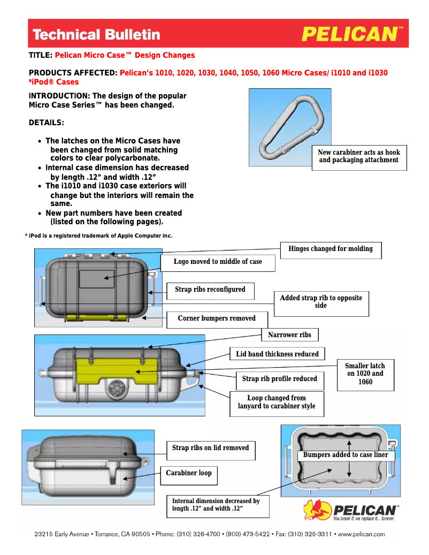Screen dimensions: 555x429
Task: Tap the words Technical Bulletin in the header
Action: click(96, 35)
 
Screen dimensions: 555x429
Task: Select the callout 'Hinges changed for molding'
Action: click(331, 249)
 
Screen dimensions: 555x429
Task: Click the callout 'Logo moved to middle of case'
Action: click(218, 262)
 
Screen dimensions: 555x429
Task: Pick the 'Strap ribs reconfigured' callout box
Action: click(210, 290)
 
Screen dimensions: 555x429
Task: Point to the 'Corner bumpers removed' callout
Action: click(217, 319)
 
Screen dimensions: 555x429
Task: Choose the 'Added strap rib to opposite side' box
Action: click(321, 302)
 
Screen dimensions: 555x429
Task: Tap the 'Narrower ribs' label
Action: click(289, 335)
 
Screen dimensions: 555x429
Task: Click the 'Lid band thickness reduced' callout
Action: click(277, 354)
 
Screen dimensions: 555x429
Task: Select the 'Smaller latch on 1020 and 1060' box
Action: click(365, 374)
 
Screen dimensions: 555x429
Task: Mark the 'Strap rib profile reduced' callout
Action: click(279, 379)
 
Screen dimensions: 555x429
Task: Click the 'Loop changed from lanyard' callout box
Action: click(277, 402)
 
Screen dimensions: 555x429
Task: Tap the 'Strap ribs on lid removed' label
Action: click(210, 448)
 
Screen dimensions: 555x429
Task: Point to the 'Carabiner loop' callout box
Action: click(188, 474)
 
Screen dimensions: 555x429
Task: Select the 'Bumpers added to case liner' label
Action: click(346, 455)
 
